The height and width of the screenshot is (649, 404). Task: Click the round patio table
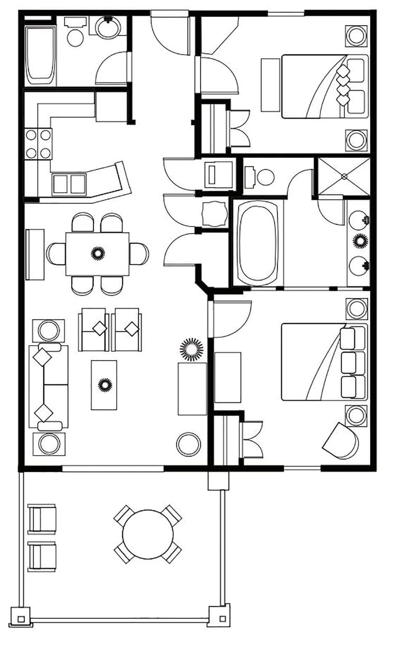148,534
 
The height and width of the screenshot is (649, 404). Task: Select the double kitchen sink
69,184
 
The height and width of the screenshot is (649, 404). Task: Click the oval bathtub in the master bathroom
258,243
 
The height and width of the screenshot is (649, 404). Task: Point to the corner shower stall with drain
344,176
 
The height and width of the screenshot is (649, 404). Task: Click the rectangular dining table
97,253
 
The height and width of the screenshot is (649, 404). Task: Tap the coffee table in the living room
104,385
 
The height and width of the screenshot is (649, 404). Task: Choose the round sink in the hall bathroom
109,27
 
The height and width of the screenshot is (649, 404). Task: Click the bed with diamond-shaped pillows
324,86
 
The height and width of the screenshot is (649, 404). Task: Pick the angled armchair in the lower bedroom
341,441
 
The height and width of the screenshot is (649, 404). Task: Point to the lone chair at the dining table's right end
139,254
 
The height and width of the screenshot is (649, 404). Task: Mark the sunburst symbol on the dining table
98,253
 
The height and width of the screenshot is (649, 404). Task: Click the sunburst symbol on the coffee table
104,385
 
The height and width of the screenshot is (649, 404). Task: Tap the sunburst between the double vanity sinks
360,241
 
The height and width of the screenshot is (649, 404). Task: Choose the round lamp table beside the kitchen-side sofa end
49,330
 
